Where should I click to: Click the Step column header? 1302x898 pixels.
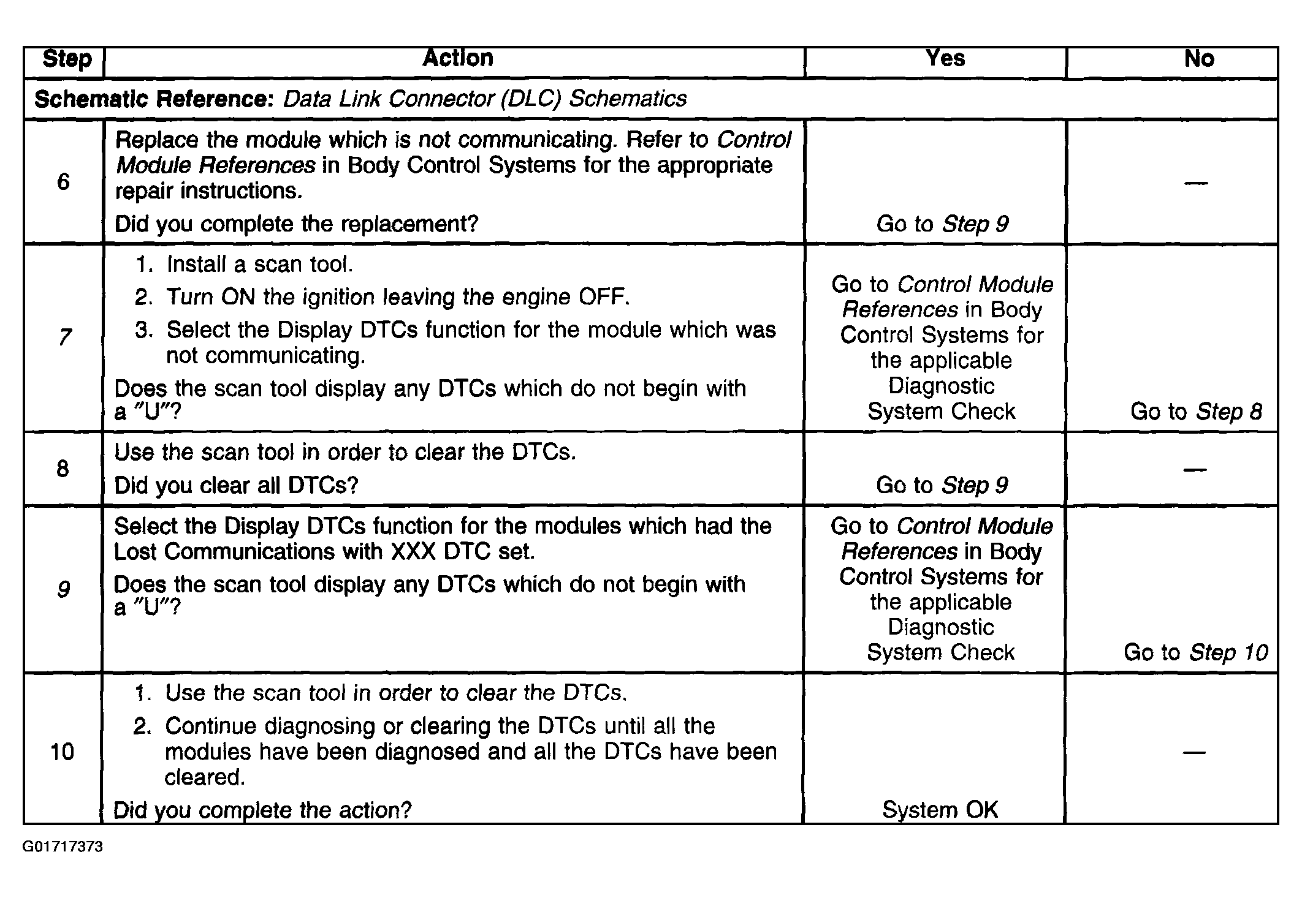(67, 59)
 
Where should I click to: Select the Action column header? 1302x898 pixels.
(457, 59)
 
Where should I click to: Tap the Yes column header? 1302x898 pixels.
(945, 59)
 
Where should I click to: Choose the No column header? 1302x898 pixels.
(1198, 59)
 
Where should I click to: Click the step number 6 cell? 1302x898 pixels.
(63, 182)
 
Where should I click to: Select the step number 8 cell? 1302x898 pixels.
(63, 469)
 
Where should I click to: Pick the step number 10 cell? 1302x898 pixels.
(62, 752)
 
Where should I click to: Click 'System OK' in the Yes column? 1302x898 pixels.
(940, 810)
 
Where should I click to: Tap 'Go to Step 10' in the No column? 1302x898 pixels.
(1195, 653)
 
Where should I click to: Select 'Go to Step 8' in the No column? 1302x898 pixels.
(1196, 412)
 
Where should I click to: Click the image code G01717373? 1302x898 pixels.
(63, 847)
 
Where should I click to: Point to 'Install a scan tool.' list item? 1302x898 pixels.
(259, 265)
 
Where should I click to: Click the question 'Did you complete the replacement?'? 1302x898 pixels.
(296, 224)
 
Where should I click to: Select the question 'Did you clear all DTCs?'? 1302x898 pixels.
(236, 486)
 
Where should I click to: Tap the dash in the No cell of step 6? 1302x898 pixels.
(1196, 183)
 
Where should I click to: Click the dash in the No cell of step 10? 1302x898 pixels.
(1194, 752)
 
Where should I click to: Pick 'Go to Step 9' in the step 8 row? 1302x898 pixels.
(942, 486)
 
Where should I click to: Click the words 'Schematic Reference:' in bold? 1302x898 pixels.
(154, 99)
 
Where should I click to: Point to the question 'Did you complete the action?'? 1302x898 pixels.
(262, 810)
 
